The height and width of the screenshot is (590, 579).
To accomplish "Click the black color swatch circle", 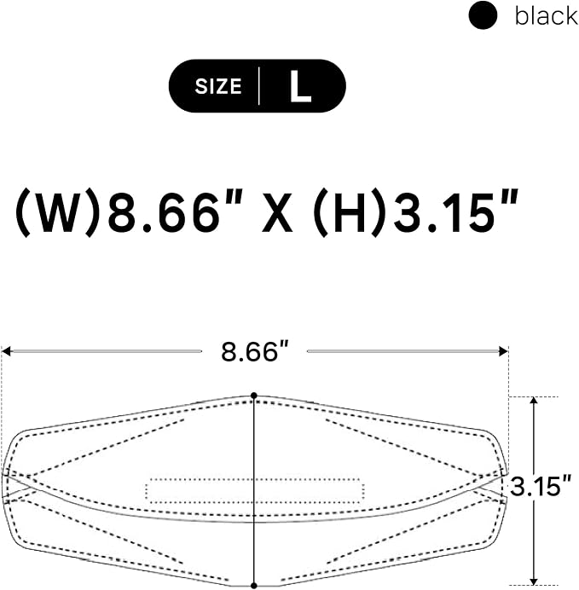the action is pos(483,15).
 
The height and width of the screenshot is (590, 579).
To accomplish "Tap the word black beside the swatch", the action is pos(547,16).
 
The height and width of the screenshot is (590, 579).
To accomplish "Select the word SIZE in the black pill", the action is pos(218,86).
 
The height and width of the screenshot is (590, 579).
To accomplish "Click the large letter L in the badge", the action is pos(300,86).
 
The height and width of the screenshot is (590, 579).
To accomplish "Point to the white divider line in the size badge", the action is pos(259,86).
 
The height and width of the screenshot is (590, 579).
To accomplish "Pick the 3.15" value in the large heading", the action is pos(456,211).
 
